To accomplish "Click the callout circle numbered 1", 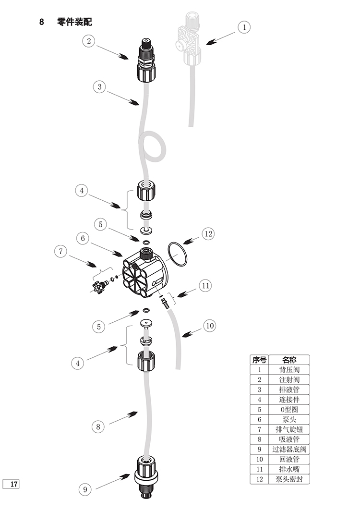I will point(244,27).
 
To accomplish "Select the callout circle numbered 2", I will point(89,41).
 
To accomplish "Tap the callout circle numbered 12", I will point(207,234).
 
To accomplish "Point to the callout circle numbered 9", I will point(85,489).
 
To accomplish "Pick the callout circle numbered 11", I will point(205,286).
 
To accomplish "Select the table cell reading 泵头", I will point(289,419).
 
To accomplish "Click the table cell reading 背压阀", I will point(289,370).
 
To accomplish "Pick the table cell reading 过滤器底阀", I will point(289,450).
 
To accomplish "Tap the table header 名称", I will point(289,360).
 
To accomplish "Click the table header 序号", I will point(259,360).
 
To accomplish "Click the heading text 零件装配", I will point(74,22).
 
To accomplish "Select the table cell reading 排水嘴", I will point(289,469).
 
